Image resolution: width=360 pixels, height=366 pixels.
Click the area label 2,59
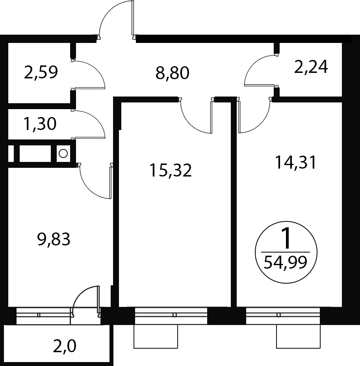click(x=41, y=72)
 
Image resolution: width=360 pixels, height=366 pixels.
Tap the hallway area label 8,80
click(x=172, y=73)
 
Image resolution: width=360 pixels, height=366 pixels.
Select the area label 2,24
click(x=311, y=67)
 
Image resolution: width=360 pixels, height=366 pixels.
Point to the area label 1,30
click(x=40, y=124)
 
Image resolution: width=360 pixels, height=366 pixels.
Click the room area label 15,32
click(x=171, y=170)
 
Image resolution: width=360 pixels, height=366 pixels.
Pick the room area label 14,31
click(x=296, y=162)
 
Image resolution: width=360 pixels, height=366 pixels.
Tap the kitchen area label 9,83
click(x=54, y=240)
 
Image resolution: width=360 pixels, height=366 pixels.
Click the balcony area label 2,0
click(x=65, y=346)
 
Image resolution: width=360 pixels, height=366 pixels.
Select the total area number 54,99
click(x=285, y=262)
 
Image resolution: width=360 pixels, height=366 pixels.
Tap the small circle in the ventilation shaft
click(x=63, y=154)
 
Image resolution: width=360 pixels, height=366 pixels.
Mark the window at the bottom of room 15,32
click(x=171, y=316)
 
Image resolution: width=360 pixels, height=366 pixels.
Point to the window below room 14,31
click(x=283, y=316)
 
